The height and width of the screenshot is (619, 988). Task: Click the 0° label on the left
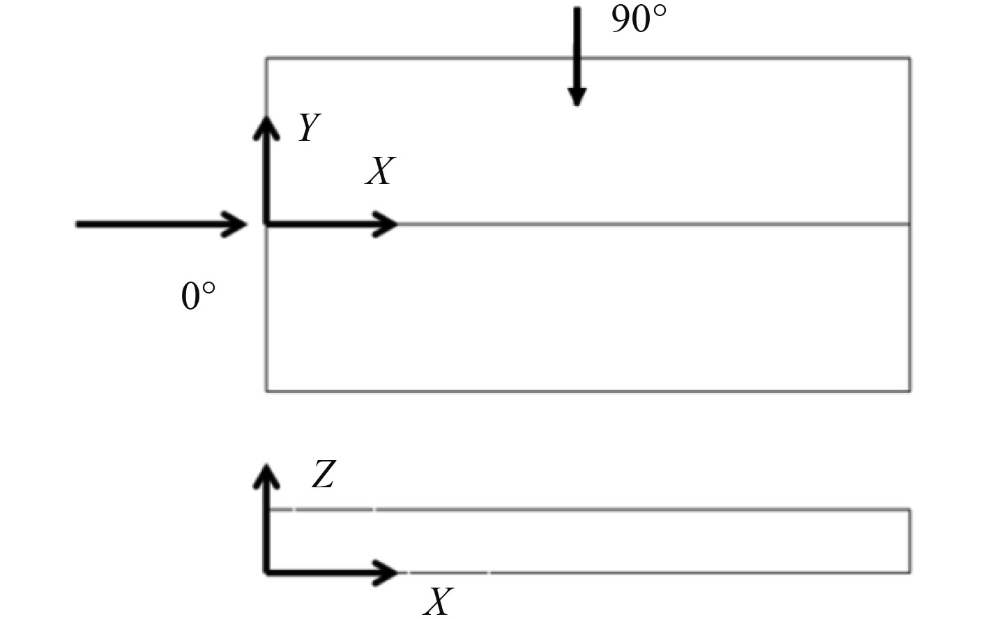[x=198, y=296]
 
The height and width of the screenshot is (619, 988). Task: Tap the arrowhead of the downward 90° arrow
[x=577, y=98]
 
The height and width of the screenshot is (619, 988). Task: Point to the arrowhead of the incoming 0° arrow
[x=238, y=224]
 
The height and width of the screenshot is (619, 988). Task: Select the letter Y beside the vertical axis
[x=308, y=128]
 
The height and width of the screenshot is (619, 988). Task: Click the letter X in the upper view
[x=380, y=171]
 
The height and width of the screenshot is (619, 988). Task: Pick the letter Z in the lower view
[x=324, y=475]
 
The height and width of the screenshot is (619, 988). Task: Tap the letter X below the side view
[x=439, y=601]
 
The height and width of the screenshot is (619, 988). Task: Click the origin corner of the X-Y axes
[x=266, y=224]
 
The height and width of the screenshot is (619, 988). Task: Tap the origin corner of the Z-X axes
[x=266, y=572]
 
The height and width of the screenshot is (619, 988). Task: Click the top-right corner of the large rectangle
[x=910, y=59]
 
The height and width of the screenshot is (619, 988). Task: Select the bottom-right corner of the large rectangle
[x=910, y=390]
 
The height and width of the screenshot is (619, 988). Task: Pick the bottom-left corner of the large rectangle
[x=266, y=390]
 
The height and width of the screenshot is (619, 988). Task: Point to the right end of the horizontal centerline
[x=909, y=224]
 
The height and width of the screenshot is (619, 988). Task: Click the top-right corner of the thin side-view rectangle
[x=910, y=510]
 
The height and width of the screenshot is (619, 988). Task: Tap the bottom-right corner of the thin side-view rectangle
[x=910, y=572]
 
